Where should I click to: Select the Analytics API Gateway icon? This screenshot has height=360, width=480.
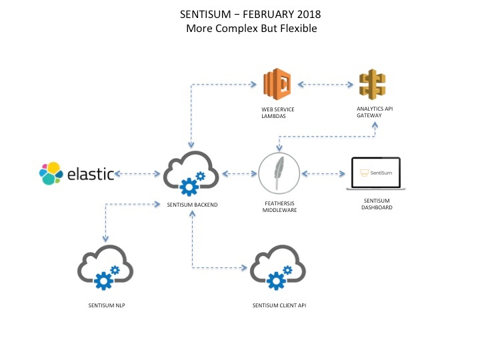[x=372, y=85]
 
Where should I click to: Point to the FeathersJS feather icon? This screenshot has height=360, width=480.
[x=278, y=175]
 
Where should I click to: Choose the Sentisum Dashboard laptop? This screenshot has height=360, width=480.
[x=375, y=174]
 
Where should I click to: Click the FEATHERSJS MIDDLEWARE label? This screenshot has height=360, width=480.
[x=278, y=206]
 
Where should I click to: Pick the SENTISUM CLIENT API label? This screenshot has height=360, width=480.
[x=279, y=305]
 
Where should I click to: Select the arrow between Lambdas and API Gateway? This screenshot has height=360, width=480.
[x=325, y=85]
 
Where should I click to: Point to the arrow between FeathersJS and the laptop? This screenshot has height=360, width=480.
[x=325, y=174]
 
